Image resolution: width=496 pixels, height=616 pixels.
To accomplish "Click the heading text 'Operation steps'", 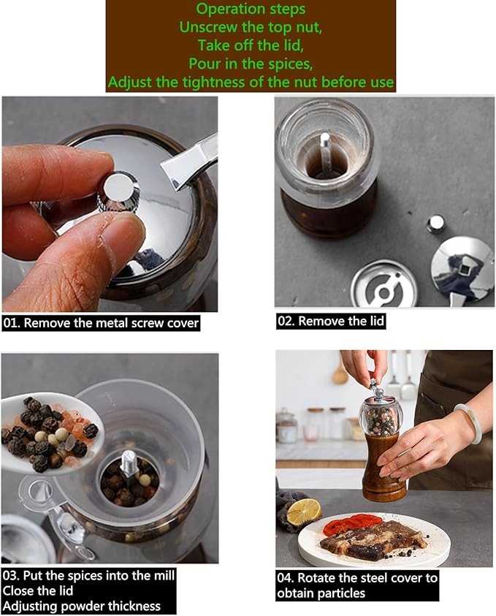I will pyautogui.click(x=251, y=9).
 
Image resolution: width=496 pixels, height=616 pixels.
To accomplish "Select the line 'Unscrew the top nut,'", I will pyautogui.click(x=251, y=27).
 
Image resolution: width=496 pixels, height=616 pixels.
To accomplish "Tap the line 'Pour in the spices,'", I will pyautogui.click(x=251, y=64).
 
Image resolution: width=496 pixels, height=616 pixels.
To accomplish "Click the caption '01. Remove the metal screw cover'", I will pyautogui.click(x=101, y=322).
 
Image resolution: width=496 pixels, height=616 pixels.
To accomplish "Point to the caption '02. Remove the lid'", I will pyautogui.click(x=330, y=321).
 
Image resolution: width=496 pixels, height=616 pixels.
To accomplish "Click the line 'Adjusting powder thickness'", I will pyautogui.click(x=81, y=606).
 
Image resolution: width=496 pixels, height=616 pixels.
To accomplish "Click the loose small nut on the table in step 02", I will pyautogui.click(x=436, y=223).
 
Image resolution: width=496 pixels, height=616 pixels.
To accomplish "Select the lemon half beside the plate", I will pyautogui.click(x=303, y=512).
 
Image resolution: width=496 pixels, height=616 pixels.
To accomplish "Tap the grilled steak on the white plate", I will pyautogui.click(x=373, y=539).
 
